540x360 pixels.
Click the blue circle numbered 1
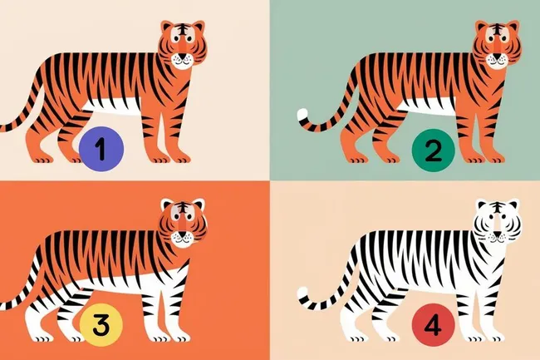pos(101,149)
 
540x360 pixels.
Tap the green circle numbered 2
pos(433,150)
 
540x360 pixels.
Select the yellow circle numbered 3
pos(101,324)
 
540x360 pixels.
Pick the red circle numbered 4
pos(433,326)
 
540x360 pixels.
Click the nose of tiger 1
pos(182,56)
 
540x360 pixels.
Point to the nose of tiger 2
pos(496,56)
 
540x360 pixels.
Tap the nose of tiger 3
pos(182,234)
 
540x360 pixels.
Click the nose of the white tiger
pos(497,234)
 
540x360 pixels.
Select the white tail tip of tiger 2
pos(302,115)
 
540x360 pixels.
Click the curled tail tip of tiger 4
pos(302,293)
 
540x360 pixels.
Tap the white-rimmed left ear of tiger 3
pos(168,205)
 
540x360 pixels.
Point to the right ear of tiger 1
pos(198,27)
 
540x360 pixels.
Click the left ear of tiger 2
pos(482,27)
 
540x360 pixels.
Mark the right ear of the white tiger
pos(513,205)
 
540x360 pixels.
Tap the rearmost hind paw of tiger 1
pos(41,158)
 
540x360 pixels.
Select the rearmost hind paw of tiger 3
pos(41,336)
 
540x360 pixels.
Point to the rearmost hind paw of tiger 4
pos(355,337)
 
